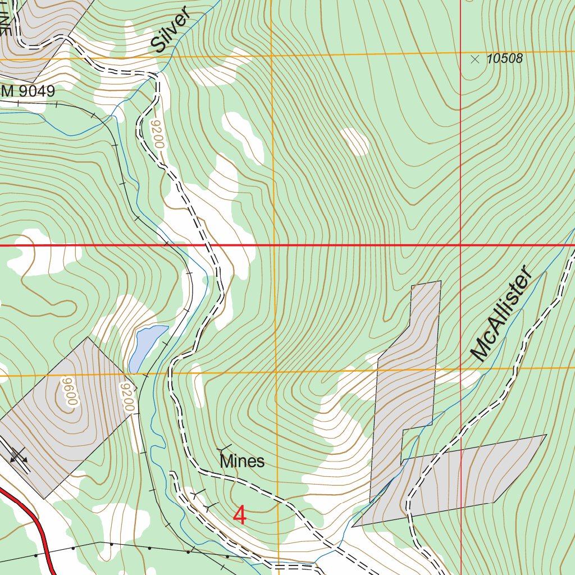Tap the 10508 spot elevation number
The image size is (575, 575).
pos(505,58)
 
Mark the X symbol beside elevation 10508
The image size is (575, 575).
pos(475,58)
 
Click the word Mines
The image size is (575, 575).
pos(242,462)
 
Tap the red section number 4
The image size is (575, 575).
pos(240,515)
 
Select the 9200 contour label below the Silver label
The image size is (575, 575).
pos(157,135)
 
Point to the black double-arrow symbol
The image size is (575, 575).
pos(19,456)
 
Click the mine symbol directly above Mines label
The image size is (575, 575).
pos(225,448)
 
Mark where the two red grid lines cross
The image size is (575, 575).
pos(460,245)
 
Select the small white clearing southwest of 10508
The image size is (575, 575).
pos(355,141)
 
